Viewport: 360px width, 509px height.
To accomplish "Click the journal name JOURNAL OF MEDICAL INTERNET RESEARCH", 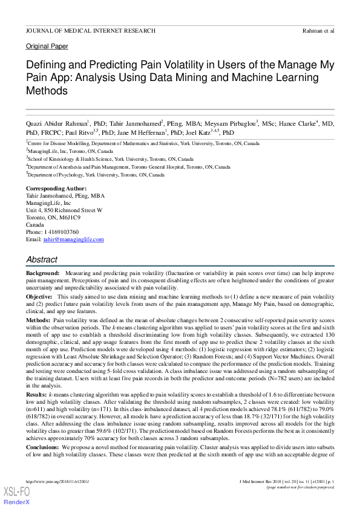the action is pos(91,30).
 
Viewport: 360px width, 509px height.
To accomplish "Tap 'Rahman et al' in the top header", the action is pos(318,30).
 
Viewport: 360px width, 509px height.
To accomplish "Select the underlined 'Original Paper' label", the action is pos(47,47).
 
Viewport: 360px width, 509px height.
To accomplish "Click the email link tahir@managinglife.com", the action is pos(73,239).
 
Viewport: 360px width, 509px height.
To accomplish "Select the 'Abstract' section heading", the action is pos(42,259).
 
